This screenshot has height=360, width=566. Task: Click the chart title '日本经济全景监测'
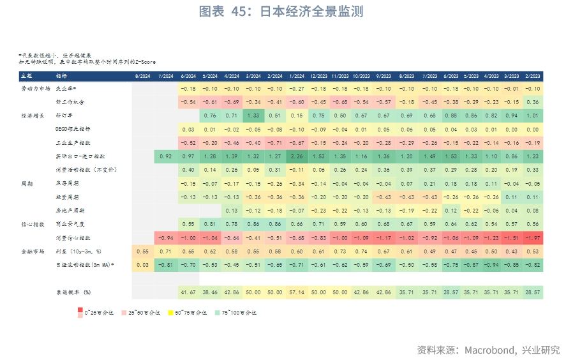point(282,11)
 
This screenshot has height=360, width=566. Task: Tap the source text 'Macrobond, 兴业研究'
point(488,350)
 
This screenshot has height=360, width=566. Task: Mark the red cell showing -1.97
point(533,237)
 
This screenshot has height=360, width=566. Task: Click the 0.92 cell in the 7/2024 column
point(165,156)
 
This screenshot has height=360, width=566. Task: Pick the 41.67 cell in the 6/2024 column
point(188,292)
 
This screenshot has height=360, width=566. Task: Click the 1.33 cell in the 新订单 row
point(253,116)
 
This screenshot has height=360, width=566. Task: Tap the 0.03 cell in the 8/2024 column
point(143,264)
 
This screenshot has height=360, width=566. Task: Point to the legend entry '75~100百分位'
point(238,313)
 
